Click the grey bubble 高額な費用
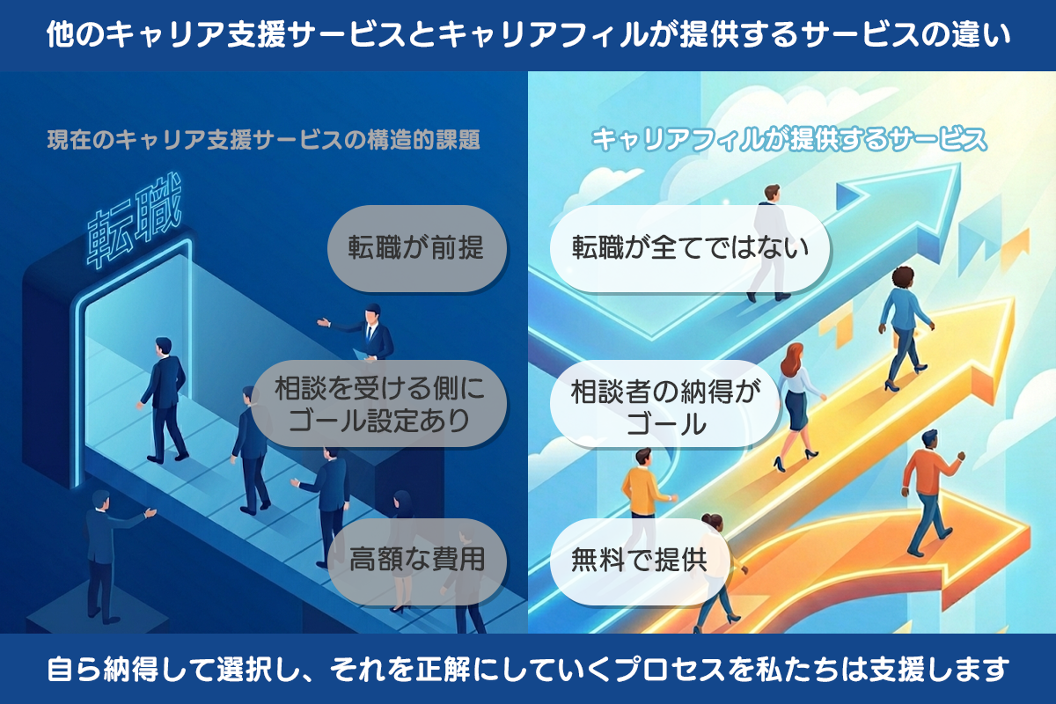[x=417, y=561]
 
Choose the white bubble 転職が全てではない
[x=690, y=248]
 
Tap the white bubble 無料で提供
[x=639, y=561]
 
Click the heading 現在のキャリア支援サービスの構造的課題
[x=264, y=140]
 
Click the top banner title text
[x=528, y=36]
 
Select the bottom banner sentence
[x=528, y=670]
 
